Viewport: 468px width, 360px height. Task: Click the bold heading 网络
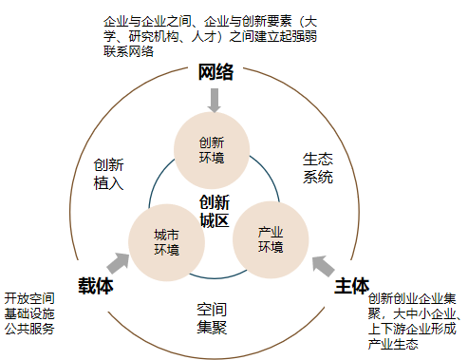tap(216, 73)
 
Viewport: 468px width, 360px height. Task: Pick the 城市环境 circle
tap(166, 241)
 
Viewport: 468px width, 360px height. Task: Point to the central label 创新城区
tap(215, 212)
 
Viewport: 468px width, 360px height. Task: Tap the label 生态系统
tap(318, 167)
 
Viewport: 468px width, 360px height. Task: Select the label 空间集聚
tap(212, 318)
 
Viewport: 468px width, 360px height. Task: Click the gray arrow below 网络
tap(215, 100)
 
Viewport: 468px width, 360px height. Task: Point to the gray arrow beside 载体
tap(121, 263)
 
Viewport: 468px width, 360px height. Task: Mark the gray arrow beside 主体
tap(323, 263)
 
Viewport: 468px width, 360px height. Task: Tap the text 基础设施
tap(29, 313)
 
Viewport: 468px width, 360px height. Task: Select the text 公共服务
tap(29, 330)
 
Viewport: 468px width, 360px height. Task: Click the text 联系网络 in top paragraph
tap(127, 50)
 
